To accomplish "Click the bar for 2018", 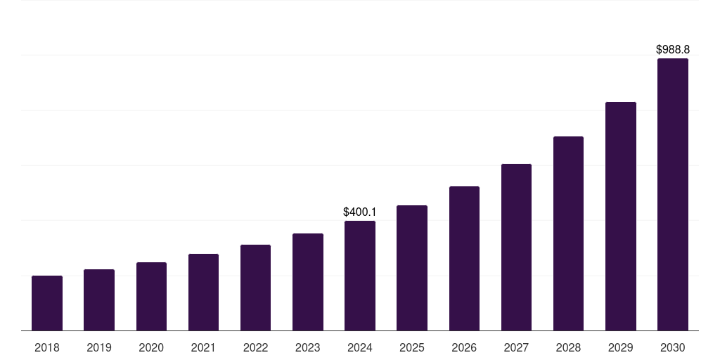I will (x=47, y=303).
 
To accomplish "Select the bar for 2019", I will (x=99, y=300).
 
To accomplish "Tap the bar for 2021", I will (x=203, y=292).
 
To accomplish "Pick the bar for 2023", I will (x=308, y=282).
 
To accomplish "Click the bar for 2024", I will (x=360, y=276).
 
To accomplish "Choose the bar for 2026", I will (x=464, y=259).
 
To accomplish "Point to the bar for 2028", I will (x=568, y=233).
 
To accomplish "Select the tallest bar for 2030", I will (x=673, y=195).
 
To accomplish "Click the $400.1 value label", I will (x=360, y=212).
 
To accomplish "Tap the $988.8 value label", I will (x=673, y=49).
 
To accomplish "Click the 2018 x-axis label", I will (x=47, y=347).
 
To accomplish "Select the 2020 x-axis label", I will (x=151, y=347).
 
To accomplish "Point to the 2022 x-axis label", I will (x=255, y=347).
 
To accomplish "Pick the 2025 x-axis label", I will (x=412, y=347).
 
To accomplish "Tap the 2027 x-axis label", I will (x=516, y=347).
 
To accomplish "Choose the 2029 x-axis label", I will (x=621, y=347).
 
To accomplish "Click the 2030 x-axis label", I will (x=673, y=347).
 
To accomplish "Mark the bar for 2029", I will (x=621, y=217).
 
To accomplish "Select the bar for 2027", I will (x=516, y=247).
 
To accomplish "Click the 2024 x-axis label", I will (x=360, y=347).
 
